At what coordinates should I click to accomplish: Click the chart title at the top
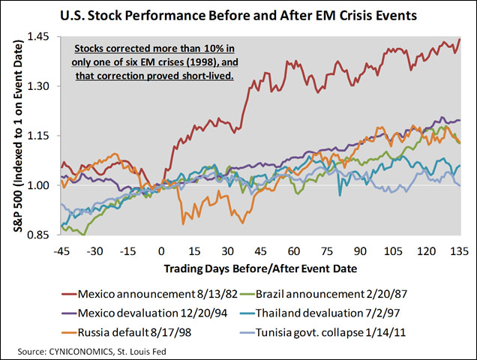(238, 15)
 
